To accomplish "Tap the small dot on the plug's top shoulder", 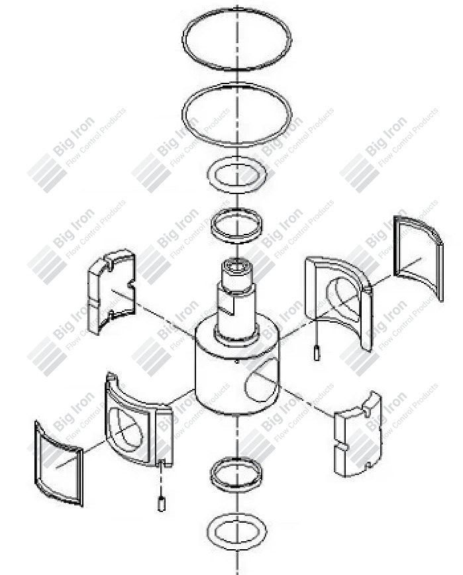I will [x=236, y=362].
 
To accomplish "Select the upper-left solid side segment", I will [x=111, y=291].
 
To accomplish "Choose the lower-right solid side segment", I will [x=357, y=435].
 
